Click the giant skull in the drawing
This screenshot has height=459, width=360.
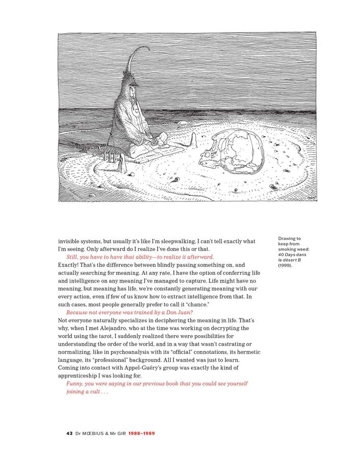click(232, 151)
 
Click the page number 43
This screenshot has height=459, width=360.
click(69, 433)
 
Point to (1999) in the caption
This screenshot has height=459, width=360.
click(285, 265)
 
